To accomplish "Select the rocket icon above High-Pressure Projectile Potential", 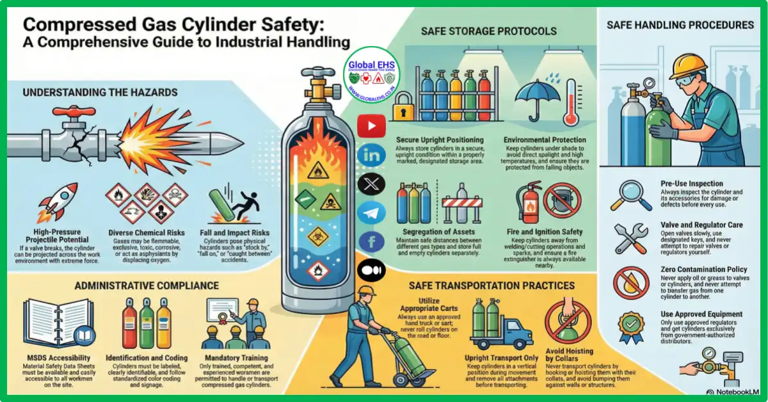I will [x=59, y=198].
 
